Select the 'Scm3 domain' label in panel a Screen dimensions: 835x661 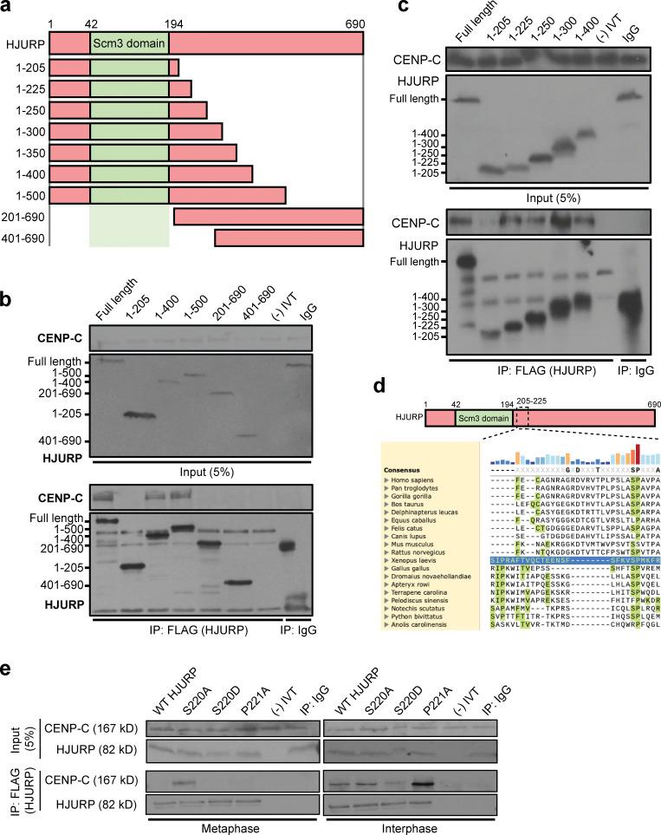pos(129,42)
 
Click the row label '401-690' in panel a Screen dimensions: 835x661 pos(24,238)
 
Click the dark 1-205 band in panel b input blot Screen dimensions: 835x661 pos(140,414)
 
